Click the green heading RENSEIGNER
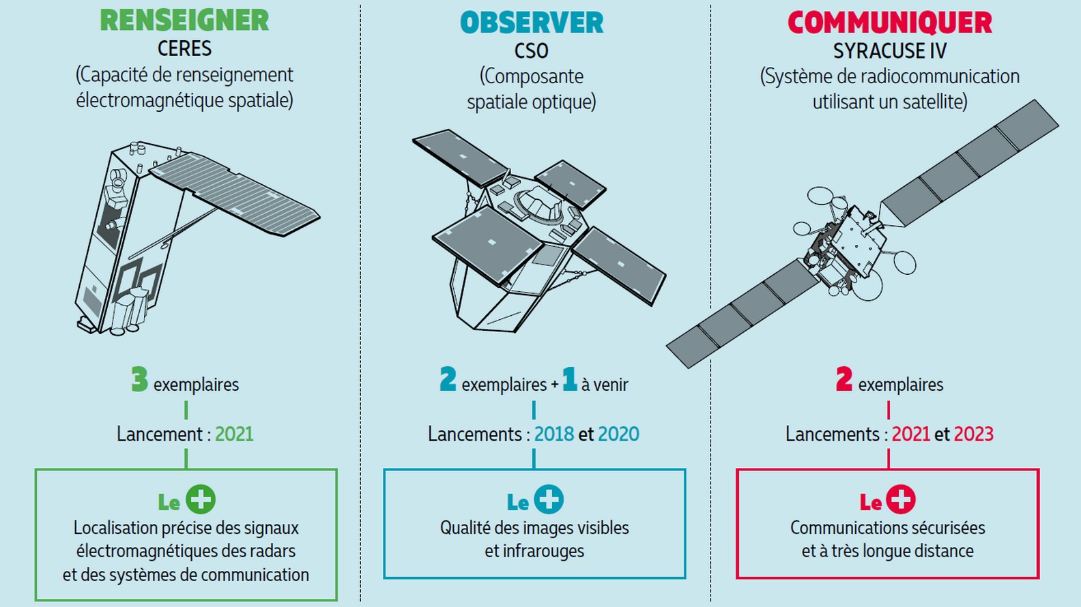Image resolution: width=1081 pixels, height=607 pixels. pos(184,20)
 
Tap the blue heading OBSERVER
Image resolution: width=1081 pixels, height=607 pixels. pos(532,23)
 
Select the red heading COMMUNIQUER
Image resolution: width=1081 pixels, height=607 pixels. pos(889,23)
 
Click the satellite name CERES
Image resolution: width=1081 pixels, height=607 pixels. pos(184,48)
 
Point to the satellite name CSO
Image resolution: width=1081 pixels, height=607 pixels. pos(532,51)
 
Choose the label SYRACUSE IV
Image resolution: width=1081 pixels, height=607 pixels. pos(890,51)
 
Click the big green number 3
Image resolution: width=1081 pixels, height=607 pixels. pos(139,379)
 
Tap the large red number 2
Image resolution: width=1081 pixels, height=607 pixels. pos(844,379)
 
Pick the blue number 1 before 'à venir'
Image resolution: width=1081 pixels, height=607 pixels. pos(569,379)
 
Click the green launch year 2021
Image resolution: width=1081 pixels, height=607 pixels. pos(234,434)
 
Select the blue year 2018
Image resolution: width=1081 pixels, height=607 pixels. pos(554,434)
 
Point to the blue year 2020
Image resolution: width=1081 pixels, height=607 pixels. pos(619,434)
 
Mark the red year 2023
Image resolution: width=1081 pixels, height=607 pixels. pos(974,434)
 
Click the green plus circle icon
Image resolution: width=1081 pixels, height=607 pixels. pos(201,499)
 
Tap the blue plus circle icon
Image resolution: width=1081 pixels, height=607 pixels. pos(549,499)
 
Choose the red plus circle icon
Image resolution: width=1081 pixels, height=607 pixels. pos(901,499)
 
